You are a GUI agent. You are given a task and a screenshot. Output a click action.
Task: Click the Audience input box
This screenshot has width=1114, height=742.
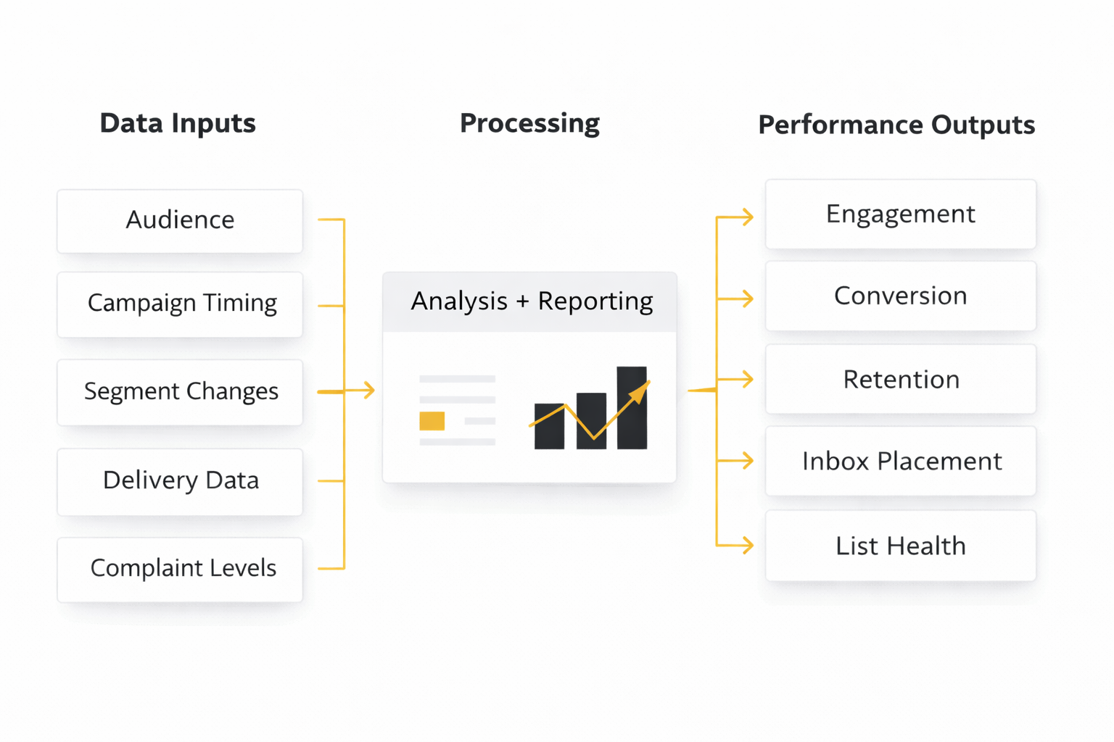pos(180,220)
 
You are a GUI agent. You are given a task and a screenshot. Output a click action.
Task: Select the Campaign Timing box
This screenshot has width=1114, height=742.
pos(180,304)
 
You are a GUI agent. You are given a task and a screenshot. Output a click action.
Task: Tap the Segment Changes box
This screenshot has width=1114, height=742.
pos(180,392)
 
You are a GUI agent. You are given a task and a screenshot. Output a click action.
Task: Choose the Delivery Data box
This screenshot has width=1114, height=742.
pos(180,481)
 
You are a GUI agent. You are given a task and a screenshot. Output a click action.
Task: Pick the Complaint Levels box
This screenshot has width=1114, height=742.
pos(180,569)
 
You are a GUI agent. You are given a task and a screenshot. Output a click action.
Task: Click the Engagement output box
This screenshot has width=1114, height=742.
pos(900,214)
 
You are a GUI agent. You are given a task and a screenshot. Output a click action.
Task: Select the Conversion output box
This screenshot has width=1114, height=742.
pos(900,296)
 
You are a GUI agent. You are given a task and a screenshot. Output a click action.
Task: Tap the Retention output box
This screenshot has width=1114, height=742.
pos(900,380)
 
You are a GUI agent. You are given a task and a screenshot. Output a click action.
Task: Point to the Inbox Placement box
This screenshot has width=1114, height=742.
pos(900,462)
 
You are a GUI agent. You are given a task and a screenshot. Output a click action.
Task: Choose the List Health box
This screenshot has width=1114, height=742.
pos(900,546)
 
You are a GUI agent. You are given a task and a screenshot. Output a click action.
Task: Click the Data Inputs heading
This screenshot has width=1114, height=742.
pos(178,123)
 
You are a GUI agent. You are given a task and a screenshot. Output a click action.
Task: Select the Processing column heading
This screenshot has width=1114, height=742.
pos(529,123)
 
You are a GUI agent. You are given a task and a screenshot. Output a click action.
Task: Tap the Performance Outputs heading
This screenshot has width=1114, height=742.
pos(896,125)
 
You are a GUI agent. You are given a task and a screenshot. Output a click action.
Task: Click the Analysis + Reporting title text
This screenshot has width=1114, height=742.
pos(532,301)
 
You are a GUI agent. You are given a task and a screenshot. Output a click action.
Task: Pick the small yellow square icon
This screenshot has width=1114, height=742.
pos(432,421)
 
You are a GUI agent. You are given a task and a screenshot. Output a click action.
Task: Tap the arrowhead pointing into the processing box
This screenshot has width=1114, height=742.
pos(369,391)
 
